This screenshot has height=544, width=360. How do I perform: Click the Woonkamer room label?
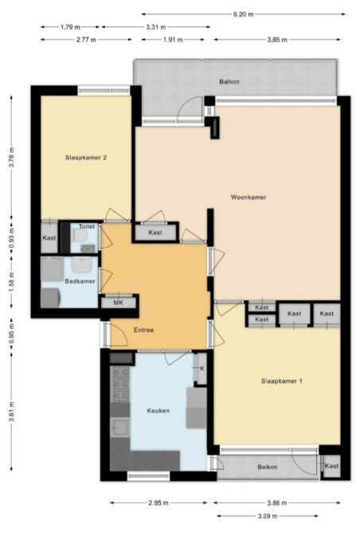point(248,197)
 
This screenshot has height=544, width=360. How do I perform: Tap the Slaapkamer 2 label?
point(86,158)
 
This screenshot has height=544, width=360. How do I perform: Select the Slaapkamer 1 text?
point(282,381)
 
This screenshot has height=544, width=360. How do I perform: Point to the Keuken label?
point(158,410)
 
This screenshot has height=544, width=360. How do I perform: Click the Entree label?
point(143,330)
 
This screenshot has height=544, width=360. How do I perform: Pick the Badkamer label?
point(80,281)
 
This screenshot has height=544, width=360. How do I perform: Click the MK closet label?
point(118,303)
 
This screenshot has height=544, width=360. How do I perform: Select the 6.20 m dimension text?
point(243,14)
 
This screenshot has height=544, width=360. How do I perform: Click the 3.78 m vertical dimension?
point(11,158)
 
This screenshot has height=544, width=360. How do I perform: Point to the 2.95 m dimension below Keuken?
point(158,503)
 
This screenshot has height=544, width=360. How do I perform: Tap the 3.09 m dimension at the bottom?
point(268,516)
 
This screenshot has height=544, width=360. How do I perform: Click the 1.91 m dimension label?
point(173,40)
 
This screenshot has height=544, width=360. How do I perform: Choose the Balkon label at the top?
point(229,82)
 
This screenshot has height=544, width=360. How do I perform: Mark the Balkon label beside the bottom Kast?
point(268,467)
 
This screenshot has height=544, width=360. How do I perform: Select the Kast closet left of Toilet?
point(49,237)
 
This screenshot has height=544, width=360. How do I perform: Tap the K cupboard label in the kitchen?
point(202,369)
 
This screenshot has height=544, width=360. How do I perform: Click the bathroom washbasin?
point(81,264)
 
